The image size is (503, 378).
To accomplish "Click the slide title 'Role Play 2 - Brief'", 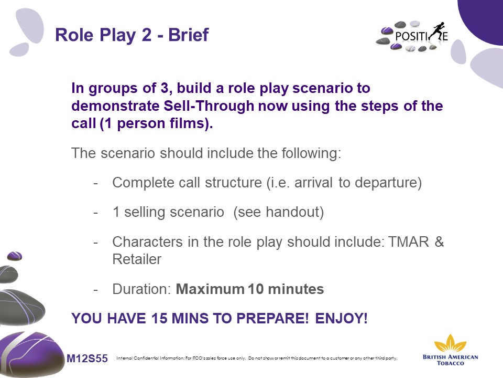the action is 132,35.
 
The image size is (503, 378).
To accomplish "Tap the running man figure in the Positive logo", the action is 437,32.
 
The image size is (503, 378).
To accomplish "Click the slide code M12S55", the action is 88,358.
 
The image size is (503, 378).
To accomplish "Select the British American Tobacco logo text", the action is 450,360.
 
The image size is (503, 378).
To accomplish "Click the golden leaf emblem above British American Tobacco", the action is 450,343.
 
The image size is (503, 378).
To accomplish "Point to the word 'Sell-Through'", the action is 209,106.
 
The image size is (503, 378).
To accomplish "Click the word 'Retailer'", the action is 137,259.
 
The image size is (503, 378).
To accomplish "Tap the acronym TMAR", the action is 408,241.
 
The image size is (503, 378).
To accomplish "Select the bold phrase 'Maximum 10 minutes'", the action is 250,289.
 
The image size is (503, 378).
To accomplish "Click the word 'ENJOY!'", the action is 341,319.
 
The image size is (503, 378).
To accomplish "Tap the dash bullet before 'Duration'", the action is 95,290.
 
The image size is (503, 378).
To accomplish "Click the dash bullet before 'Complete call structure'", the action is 95,183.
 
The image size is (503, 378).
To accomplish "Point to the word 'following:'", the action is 311,153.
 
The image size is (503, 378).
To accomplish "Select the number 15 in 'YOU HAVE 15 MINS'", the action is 159,319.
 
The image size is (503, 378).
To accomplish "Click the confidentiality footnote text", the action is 257,358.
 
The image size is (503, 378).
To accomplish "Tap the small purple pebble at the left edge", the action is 15,256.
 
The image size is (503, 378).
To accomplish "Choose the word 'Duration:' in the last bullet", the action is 141,289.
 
